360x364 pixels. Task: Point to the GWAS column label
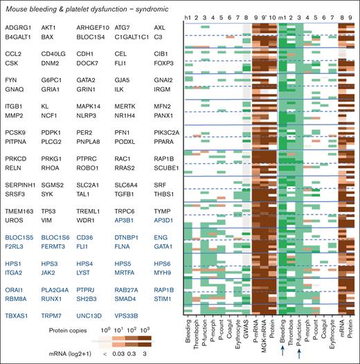coord(247,332)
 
